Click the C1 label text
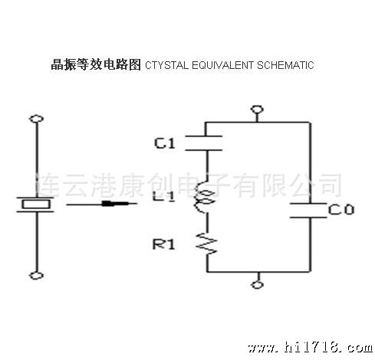[x=165, y=143]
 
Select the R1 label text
[x=163, y=244]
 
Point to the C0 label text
[x=341, y=210]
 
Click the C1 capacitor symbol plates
[x=204, y=143]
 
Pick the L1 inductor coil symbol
[x=204, y=197]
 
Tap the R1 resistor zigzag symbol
[x=206, y=244]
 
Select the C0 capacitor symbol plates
[x=308, y=211]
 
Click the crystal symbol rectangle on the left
[x=36, y=205]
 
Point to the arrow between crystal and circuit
[x=101, y=204]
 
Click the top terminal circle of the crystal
[x=36, y=119]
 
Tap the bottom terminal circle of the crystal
[x=36, y=276]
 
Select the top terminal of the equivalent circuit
[x=257, y=110]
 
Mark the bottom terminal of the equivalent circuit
[x=258, y=285]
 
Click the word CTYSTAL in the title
[x=166, y=65]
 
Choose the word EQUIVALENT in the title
[x=222, y=65]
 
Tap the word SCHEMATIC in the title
[x=285, y=65]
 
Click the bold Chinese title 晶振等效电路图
[x=96, y=64]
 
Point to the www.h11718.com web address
[x=310, y=348]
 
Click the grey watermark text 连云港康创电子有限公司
[x=189, y=185]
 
